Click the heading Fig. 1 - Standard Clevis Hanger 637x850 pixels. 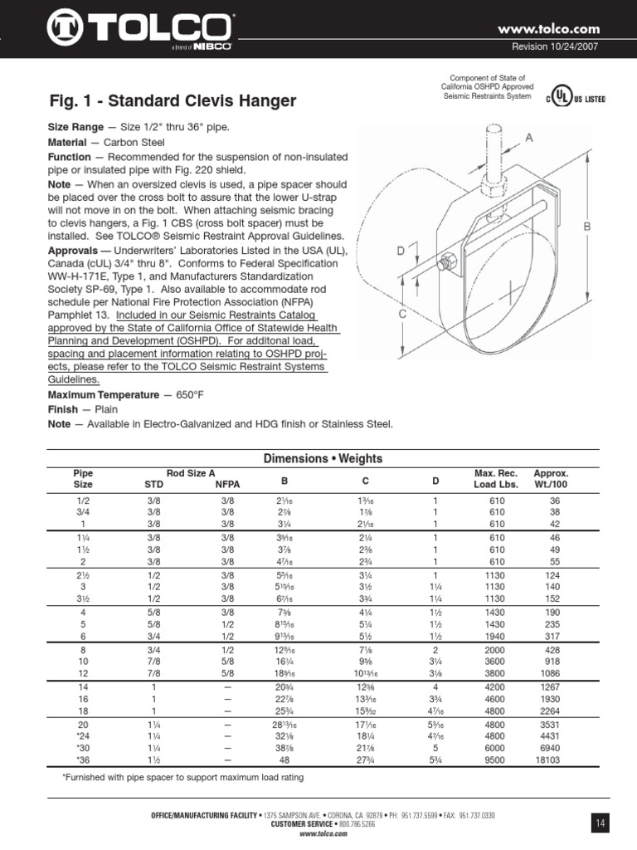(173, 102)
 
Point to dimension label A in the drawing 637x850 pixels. (528, 140)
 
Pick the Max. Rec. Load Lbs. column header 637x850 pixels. (496, 478)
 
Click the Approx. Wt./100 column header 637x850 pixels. (551, 478)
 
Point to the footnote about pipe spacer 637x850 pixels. (183, 778)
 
